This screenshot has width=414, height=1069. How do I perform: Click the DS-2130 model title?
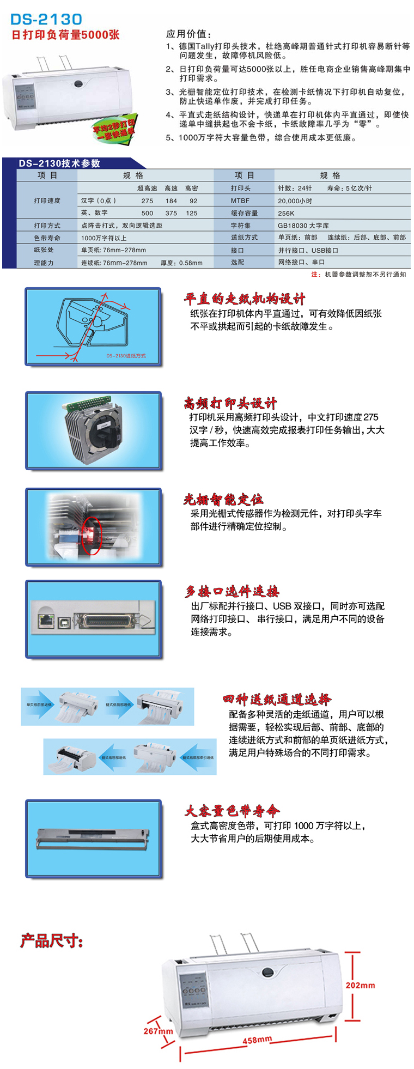[46, 20]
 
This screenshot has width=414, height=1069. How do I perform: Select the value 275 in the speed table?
[147, 201]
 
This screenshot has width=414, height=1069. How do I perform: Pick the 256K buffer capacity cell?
[286, 213]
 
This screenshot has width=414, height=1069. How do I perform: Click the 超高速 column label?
[147, 188]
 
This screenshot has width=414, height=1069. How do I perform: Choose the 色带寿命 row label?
[47, 238]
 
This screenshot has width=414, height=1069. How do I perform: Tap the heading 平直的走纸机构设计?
[244, 299]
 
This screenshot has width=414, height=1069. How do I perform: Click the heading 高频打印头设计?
[230, 403]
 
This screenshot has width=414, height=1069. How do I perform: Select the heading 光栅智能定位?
[223, 499]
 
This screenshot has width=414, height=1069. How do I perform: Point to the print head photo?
[93, 430]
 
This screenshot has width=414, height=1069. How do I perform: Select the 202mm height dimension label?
[360, 985]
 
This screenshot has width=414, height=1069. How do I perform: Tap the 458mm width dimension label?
[257, 1040]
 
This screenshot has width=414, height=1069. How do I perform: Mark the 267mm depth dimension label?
[158, 1031]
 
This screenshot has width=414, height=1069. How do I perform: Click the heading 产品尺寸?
[52, 940]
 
